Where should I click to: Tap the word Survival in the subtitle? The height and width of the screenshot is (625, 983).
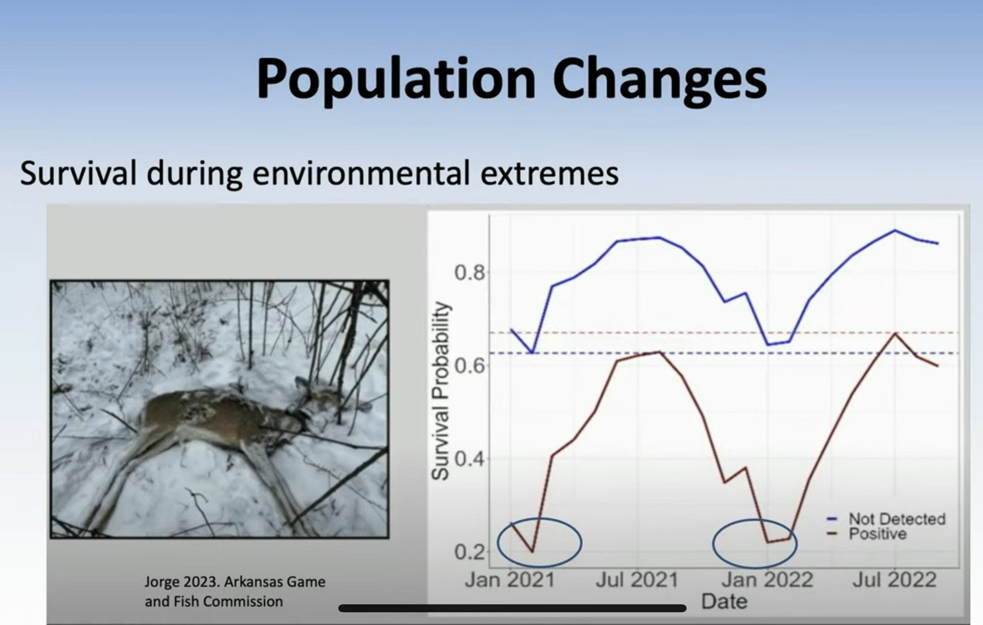coord(78,173)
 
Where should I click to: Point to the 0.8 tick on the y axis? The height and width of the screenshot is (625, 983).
coord(470,273)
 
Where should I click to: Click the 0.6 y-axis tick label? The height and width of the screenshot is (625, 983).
coord(470,366)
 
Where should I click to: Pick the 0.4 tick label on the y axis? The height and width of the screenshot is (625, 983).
coord(470,459)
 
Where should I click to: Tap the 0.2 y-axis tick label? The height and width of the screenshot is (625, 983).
coord(470,552)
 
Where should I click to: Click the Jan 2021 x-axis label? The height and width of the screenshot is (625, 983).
coord(510,579)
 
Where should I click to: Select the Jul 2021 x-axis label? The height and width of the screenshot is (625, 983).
coord(637,579)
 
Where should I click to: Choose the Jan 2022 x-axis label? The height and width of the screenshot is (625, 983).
coord(767,579)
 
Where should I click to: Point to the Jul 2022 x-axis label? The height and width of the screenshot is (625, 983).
coord(894,579)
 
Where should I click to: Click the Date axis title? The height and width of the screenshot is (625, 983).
coord(724,602)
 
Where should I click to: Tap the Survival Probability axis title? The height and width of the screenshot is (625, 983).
coord(440,391)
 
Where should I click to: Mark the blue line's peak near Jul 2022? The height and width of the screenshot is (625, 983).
coord(895,230)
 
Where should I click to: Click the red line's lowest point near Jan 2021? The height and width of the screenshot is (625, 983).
coord(532,552)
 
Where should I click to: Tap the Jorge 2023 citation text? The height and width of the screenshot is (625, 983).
coord(235,592)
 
